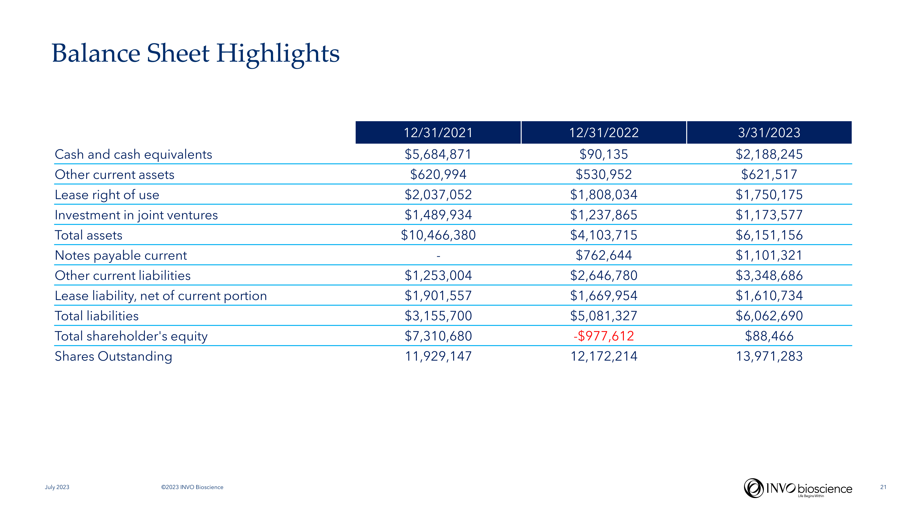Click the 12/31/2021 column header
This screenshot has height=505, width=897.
tap(438, 132)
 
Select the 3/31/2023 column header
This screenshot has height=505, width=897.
tap(769, 132)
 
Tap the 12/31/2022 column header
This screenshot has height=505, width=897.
tap(603, 132)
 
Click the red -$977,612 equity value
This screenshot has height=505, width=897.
tap(603, 336)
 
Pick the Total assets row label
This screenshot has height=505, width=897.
tap(88, 235)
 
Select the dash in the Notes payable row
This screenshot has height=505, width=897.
tap(438, 256)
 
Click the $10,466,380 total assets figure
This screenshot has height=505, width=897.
tap(438, 235)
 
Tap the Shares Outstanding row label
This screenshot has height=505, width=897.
tap(113, 356)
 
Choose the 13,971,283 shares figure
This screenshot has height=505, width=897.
tap(769, 356)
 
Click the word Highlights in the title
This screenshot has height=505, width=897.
tap(278, 54)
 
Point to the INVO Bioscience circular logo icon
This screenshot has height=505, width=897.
tap(753, 488)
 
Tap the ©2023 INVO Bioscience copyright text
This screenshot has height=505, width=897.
tap(192, 487)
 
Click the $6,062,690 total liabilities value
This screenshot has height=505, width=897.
tap(769, 316)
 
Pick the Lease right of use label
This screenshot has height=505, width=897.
tap(107, 195)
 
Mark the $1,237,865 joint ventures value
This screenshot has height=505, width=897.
tap(603, 215)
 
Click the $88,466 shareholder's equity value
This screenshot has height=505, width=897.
tap(769, 336)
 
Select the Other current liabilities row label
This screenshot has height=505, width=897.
tap(123, 276)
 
